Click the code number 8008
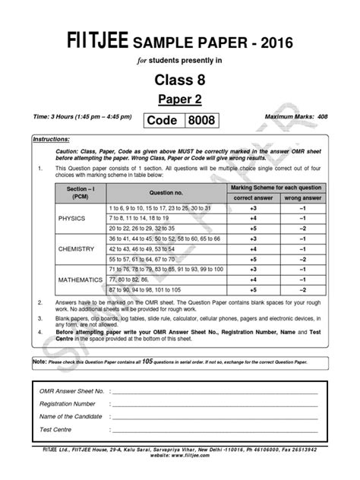click(x=202, y=121)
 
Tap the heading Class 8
click(x=180, y=78)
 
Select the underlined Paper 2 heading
click(x=180, y=99)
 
